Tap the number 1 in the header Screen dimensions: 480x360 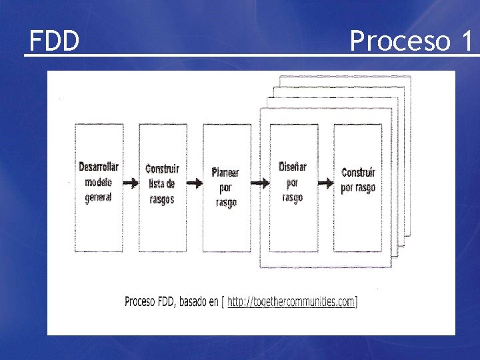465,41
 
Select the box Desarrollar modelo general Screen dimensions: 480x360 99,187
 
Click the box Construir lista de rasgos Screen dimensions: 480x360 162,187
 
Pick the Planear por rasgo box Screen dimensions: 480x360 227,187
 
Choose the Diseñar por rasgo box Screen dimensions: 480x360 292,187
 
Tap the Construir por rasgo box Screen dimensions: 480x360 358,187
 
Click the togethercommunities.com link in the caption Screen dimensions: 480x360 291,302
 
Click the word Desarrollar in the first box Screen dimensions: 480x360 99,167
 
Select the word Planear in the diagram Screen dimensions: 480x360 225,173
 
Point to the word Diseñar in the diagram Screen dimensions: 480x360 292,167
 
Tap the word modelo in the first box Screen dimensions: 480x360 99,182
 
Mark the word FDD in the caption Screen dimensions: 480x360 164,302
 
